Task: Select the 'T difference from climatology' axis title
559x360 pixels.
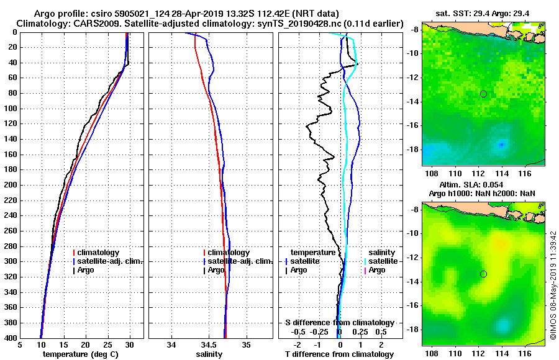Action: [339, 354]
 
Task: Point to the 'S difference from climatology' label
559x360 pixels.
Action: [339, 323]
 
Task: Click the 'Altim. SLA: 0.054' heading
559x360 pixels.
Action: [473, 185]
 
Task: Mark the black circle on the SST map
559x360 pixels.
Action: [483, 94]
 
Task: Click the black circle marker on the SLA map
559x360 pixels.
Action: [483, 274]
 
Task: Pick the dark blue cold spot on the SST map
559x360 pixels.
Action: [501, 145]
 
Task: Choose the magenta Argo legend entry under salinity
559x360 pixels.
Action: [376, 270]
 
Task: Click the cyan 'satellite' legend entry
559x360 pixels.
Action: [379, 261]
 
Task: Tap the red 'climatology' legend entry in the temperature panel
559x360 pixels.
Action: [95, 253]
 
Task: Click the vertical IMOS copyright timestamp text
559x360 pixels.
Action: [552, 285]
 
